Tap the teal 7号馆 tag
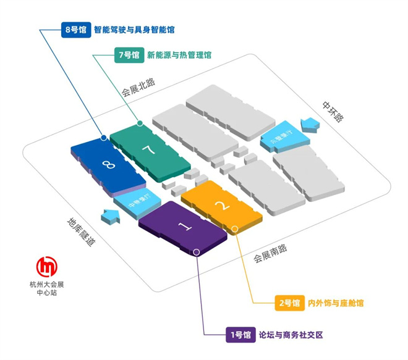tap(129, 54)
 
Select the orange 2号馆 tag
tap(288, 303)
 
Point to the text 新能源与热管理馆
tap(179, 54)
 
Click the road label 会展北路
tap(137, 88)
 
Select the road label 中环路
tap(332, 111)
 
